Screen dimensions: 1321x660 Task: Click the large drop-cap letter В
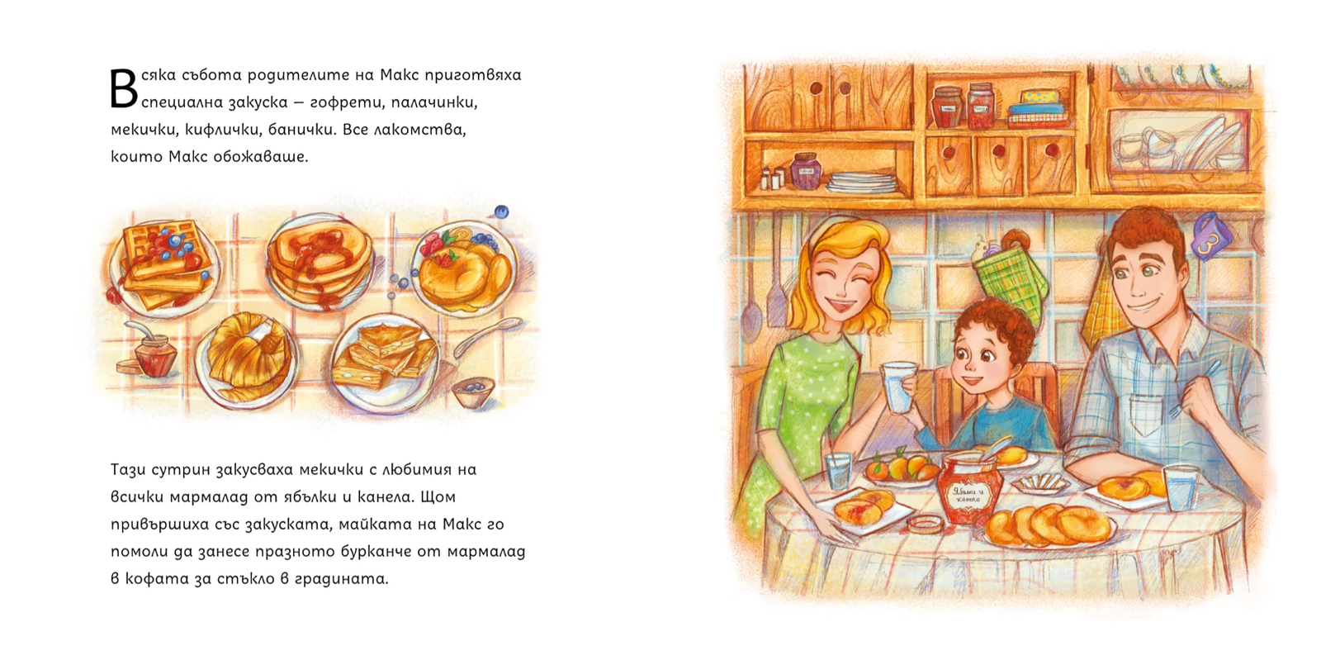[124, 90]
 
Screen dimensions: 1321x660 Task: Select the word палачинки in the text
[433, 102]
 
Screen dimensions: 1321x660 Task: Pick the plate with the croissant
[247, 360]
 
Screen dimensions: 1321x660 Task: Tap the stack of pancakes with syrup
[319, 260]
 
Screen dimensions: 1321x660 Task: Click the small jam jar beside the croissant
[155, 354]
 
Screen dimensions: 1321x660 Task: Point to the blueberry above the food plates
[501, 211]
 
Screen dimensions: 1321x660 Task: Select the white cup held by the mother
[898, 387]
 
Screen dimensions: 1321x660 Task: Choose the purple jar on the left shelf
[806, 170]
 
